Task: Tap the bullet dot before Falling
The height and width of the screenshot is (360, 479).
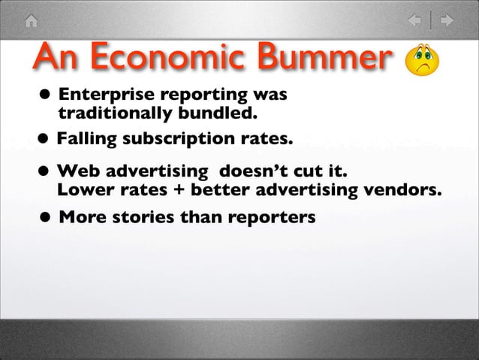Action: click(46, 140)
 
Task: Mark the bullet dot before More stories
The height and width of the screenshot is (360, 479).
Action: click(46, 219)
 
